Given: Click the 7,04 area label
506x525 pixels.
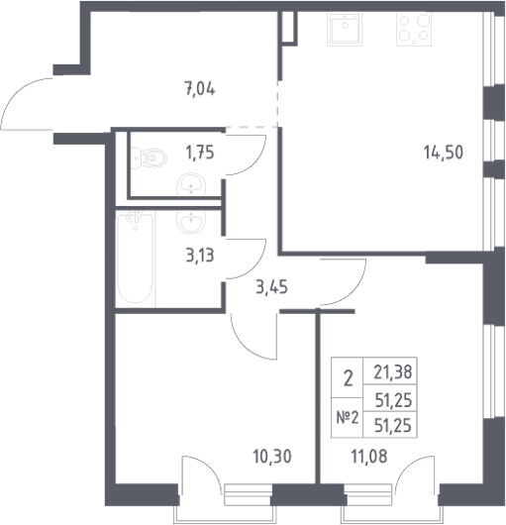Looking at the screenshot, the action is click(x=200, y=89).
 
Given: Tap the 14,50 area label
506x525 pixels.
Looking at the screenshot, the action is click(x=444, y=153).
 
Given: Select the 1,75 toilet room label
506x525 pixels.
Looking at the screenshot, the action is click(x=200, y=153).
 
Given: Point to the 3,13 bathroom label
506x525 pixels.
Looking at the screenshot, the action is click(x=200, y=256).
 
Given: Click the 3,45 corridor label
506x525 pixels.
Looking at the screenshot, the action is click(x=271, y=287).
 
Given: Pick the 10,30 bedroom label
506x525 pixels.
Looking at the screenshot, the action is click(x=272, y=457).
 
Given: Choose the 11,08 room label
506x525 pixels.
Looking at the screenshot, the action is click(x=369, y=457).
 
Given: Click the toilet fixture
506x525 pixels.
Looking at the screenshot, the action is click(x=150, y=157).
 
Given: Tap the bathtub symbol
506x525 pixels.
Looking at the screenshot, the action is click(x=136, y=258).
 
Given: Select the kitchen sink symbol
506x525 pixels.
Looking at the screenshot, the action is click(x=345, y=29).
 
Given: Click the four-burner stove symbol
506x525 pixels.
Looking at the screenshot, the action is click(x=414, y=29).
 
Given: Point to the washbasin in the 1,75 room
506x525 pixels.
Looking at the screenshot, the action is click(x=191, y=183).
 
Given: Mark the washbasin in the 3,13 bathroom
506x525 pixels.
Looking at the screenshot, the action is click(x=191, y=221).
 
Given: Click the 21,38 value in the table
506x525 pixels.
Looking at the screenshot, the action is click(x=392, y=372).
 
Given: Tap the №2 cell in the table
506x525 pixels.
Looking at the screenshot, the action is click(x=347, y=417).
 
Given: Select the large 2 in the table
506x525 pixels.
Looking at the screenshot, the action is click(x=348, y=379).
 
